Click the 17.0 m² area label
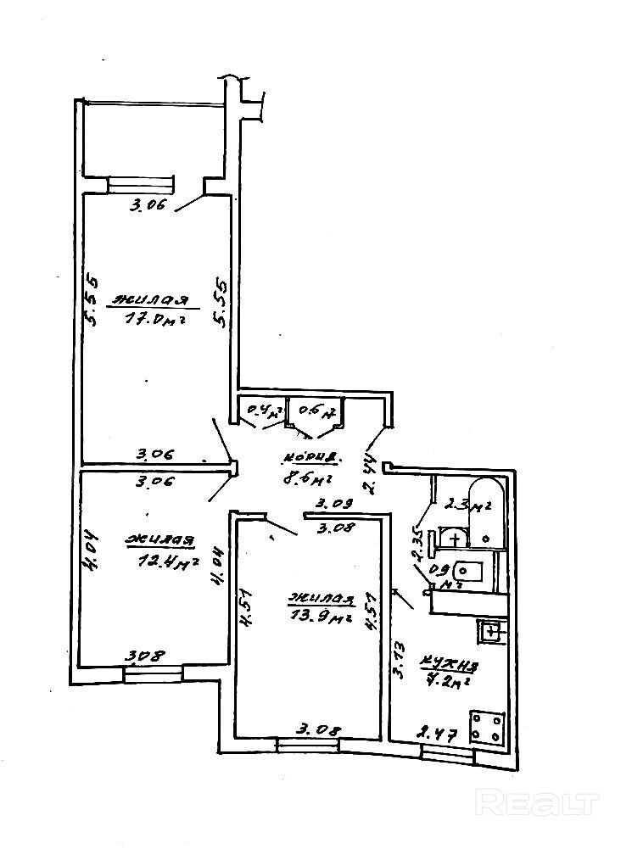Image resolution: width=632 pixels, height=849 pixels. click(x=155, y=320)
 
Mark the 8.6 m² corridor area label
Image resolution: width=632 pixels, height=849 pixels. click(x=305, y=479)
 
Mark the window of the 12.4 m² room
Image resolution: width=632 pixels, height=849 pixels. click(x=153, y=674)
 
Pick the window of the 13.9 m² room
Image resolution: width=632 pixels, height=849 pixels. click(x=307, y=744)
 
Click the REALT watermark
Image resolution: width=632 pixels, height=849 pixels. click(x=538, y=801)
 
